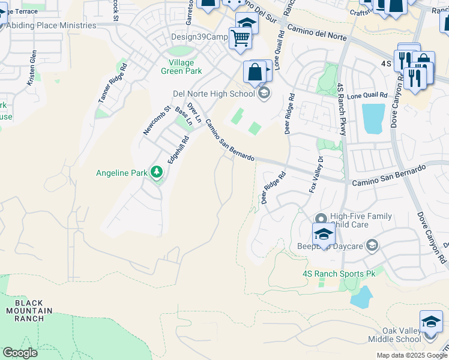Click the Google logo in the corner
(20, 353)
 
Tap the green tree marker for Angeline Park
(157, 173)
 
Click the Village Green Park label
(181, 67)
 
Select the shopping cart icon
(240, 38)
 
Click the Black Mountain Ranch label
(29, 310)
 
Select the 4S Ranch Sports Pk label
(339, 274)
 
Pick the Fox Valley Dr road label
(316, 175)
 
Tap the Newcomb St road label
(149, 119)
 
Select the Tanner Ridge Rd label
(112, 86)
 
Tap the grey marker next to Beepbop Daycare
(372, 245)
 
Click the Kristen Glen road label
(32, 68)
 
